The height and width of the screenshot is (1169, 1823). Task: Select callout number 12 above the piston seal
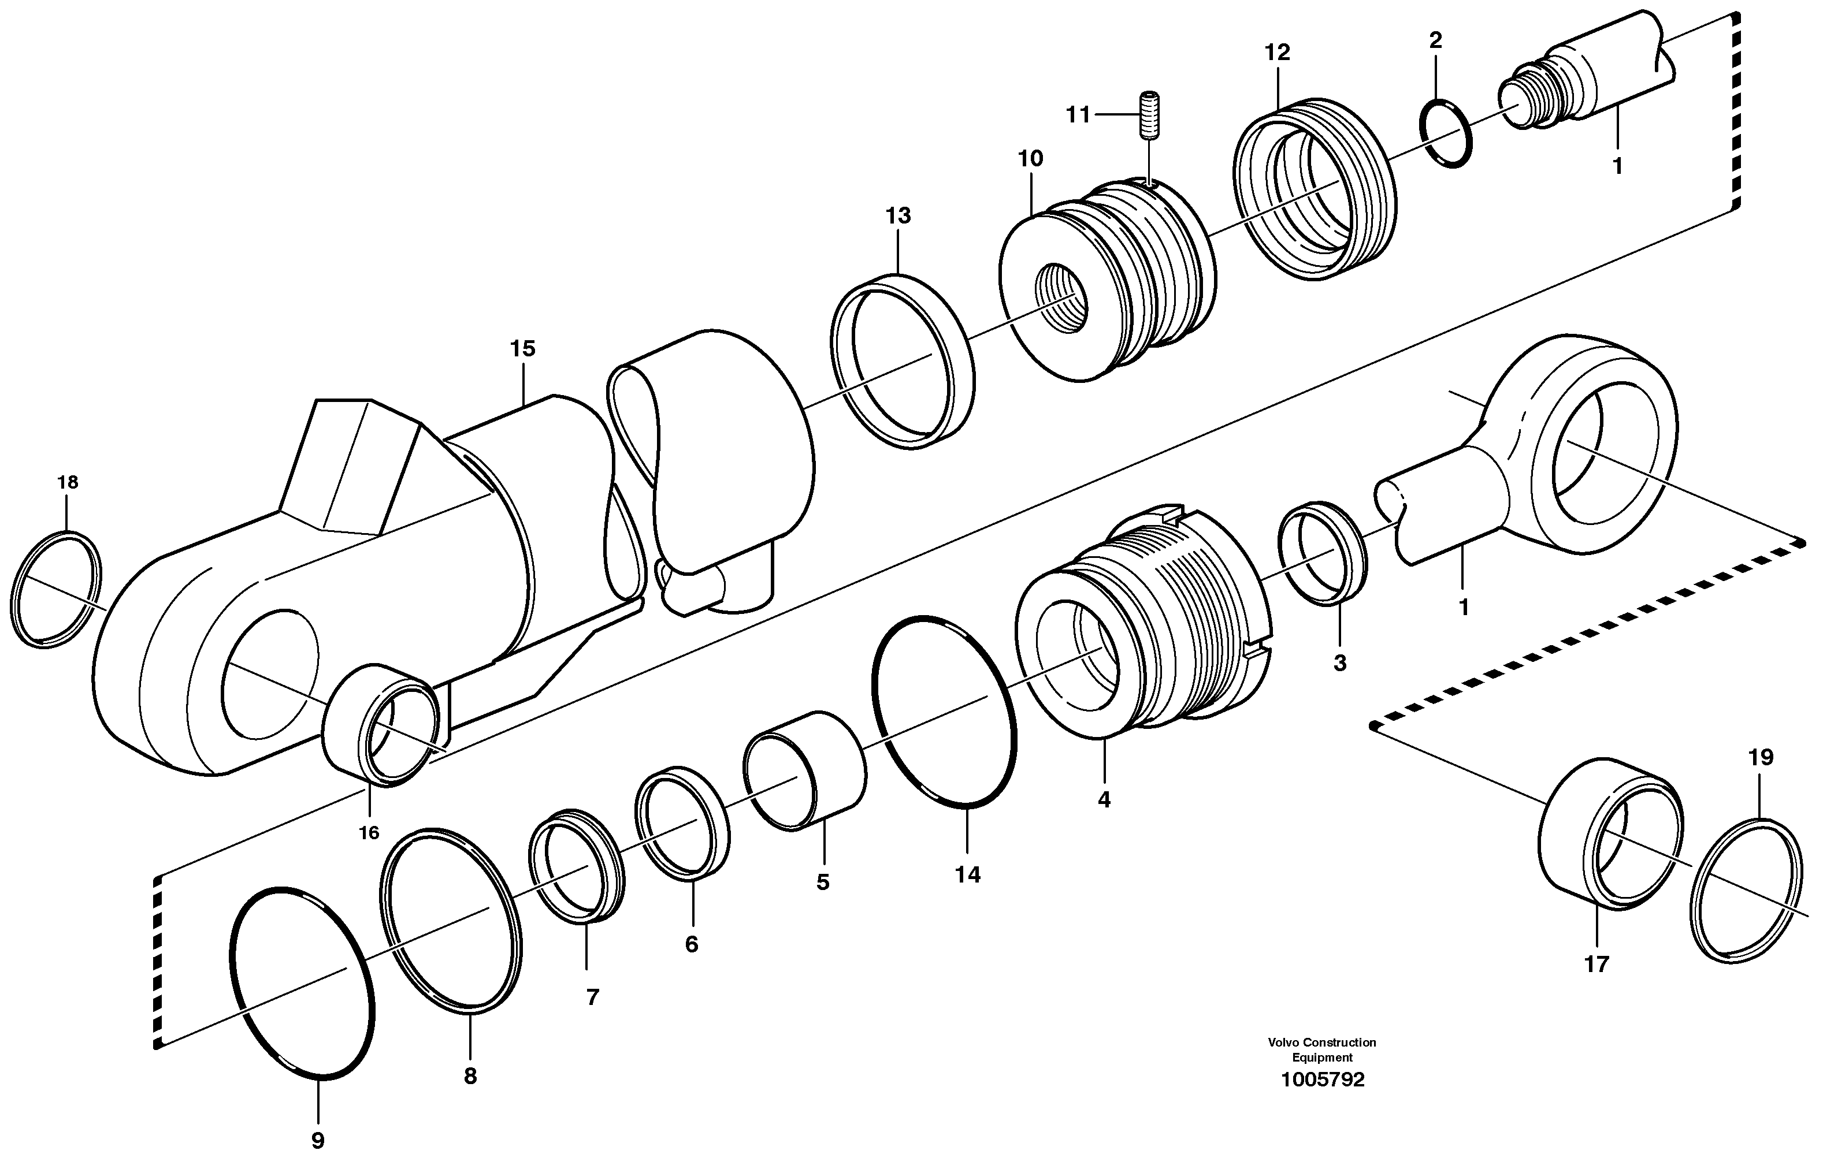coord(1277,53)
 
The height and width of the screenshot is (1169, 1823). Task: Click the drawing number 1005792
coord(1322,1079)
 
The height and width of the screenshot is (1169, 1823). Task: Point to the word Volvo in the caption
coord(1283,1043)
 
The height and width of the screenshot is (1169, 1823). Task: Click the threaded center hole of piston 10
coord(1062,297)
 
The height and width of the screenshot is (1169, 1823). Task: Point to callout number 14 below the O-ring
coord(967,874)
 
